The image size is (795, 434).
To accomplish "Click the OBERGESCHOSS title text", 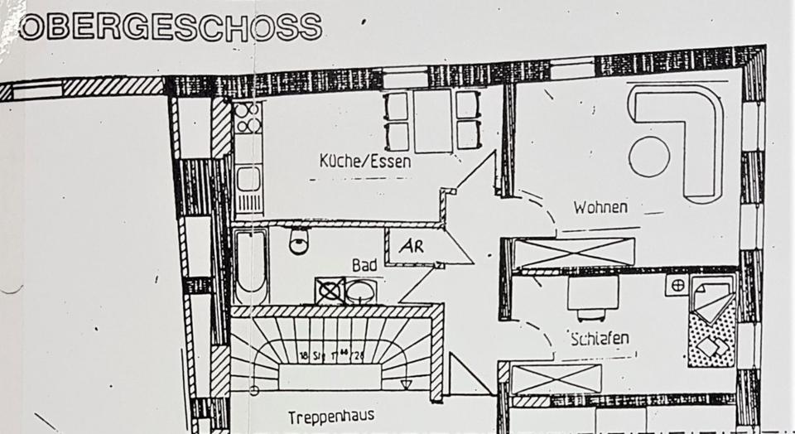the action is click(170, 27).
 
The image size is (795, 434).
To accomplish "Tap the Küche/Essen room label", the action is click(365, 162).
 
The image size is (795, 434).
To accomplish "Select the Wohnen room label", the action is click(600, 207).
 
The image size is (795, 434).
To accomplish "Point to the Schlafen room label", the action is click(600, 338).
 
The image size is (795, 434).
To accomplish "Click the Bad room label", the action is click(364, 265).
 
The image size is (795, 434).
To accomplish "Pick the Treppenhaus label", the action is click(331, 416).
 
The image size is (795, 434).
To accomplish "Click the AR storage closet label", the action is click(412, 247).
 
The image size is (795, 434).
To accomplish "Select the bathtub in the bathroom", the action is click(249, 265).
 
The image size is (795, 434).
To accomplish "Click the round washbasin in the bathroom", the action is click(359, 292).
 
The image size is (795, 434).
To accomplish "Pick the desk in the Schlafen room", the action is click(593, 292).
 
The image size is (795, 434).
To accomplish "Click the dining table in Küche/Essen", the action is click(432, 122).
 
